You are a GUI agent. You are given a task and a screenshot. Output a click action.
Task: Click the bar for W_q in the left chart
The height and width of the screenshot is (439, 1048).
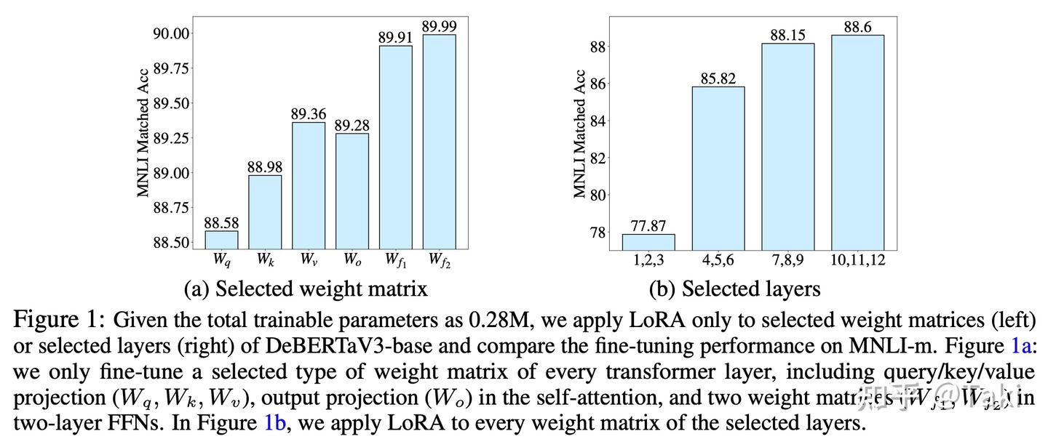coord(221,240)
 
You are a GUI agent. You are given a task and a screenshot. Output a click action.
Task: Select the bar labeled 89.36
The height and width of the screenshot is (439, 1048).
coord(309,186)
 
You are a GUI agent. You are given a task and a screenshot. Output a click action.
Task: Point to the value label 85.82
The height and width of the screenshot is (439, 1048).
coord(718,78)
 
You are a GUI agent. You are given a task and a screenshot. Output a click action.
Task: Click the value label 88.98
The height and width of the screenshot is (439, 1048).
coord(265,166)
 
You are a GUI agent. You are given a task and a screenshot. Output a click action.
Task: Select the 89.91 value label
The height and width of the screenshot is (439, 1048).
coord(395,37)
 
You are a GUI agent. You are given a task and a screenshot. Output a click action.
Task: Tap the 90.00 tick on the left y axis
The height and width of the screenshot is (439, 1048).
coord(171,33)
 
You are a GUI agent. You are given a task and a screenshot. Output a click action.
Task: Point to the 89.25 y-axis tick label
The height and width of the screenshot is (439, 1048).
coord(171,138)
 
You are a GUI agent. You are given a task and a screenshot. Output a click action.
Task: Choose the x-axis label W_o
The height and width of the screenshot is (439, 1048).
coord(352,259)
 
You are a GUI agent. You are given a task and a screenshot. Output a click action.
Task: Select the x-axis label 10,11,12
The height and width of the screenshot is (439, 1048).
coord(857,259)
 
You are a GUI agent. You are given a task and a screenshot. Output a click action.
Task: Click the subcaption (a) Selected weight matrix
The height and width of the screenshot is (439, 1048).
coord(306,289)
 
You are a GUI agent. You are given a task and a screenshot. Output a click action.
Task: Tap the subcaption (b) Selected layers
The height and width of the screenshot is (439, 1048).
coord(734,289)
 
